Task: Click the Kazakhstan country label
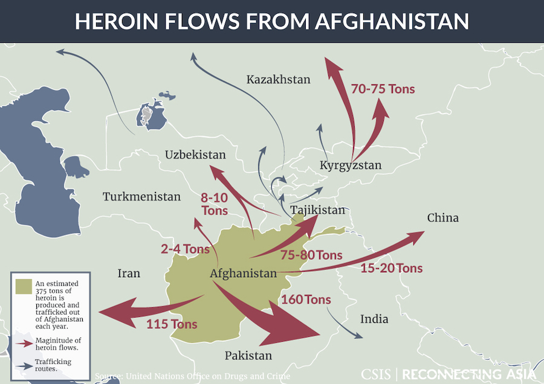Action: tap(278, 79)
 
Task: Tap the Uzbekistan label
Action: tap(195, 155)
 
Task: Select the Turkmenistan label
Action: tap(141, 197)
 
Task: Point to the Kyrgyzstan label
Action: tap(351, 165)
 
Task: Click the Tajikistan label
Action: tap(317, 210)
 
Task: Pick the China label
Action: tap(442, 217)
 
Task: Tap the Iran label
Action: tap(128, 274)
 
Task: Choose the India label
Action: tap(374, 319)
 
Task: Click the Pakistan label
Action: tap(248, 356)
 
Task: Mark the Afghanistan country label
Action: tap(243, 274)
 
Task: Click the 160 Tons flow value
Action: tap(306, 299)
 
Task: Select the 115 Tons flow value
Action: tap(172, 324)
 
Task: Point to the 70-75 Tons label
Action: tap(383, 89)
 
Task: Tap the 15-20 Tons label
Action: tap(391, 267)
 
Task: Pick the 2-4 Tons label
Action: tap(185, 249)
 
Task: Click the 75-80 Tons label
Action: tap(311, 255)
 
